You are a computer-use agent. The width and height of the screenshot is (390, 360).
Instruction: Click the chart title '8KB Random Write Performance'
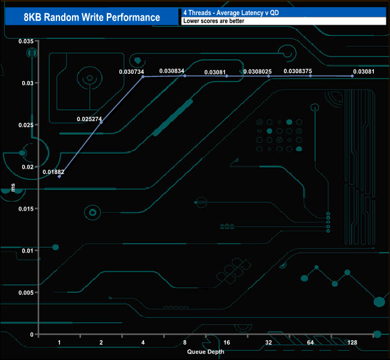pyautogui.click(x=92, y=17)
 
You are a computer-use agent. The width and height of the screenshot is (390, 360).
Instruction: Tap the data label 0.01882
pyautogui.click(x=53, y=172)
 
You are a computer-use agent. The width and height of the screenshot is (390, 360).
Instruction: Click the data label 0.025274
pyautogui.click(x=89, y=119)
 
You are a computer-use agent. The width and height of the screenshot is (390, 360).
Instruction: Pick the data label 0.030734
pyautogui.click(x=131, y=72)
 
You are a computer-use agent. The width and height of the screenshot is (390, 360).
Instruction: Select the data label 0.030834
pyautogui.click(x=172, y=71)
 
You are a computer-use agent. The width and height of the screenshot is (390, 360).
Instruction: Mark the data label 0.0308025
pyautogui.click(x=257, y=72)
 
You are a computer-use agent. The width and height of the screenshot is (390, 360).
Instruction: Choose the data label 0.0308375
pyautogui.click(x=298, y=71)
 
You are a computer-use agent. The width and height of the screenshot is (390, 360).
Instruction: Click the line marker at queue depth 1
pyautogui.click(x=59, y=176)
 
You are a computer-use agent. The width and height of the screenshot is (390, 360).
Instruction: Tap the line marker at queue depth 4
pyautogui.click(x=143, y=77)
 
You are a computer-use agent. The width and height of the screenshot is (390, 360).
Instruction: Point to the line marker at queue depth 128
pyautogui.click(x=352, y=76)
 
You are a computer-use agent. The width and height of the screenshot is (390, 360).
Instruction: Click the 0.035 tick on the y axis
pyautogui.click(x=26, y=41)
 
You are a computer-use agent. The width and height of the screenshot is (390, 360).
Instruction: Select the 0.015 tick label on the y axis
pyautogui.click(x=26, y=209)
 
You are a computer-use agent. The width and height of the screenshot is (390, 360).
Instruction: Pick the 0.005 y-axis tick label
pyautogui.click(x=26, y=292)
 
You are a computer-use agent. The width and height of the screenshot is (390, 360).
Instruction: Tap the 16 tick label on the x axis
pyautogui.click(x=226, y=342)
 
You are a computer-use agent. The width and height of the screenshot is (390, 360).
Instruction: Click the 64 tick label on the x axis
pyautogui.click(x=310, y=342)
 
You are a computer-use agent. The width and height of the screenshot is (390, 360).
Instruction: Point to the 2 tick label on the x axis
pyautogui.click(x=101, y=342)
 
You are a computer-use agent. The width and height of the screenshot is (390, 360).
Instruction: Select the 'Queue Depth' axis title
pyautogui.click(x=205, y=351)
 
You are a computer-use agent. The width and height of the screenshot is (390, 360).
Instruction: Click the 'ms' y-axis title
pyautogui.click(x=13, y=188)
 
